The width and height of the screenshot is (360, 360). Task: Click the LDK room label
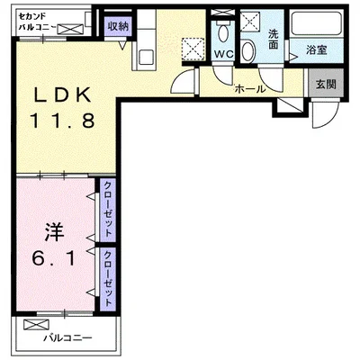pos(63,94)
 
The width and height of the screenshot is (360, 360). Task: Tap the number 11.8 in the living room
pos(62,120)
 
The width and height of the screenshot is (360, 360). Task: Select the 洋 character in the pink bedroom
pos(54,232)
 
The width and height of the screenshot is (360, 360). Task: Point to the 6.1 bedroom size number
pos(53,258)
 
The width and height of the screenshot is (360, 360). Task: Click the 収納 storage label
pos(118,27)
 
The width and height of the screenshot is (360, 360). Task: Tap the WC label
pos(223,54)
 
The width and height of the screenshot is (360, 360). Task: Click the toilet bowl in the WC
pos(222,33)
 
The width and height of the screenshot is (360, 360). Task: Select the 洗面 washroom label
pos(273,40)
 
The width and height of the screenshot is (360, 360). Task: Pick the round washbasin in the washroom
pos(247,51)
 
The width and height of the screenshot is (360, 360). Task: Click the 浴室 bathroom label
pos(316,49)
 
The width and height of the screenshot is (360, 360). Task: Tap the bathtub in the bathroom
pos(317,23)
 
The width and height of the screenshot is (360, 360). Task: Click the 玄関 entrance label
pos(326,84)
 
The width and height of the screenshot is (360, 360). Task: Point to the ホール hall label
pos(250,89)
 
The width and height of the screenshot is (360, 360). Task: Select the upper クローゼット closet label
pos(108,210)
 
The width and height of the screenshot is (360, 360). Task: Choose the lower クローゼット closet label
pos(108,278)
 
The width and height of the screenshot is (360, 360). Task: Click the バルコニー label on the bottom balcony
pos(67,338)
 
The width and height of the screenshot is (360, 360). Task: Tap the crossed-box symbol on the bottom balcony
pos(36,324)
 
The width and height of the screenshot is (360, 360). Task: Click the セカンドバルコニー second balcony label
pos(37,22)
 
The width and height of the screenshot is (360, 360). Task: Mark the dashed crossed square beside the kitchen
pos(193,49)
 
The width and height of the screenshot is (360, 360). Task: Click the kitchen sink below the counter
pos(146,57)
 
